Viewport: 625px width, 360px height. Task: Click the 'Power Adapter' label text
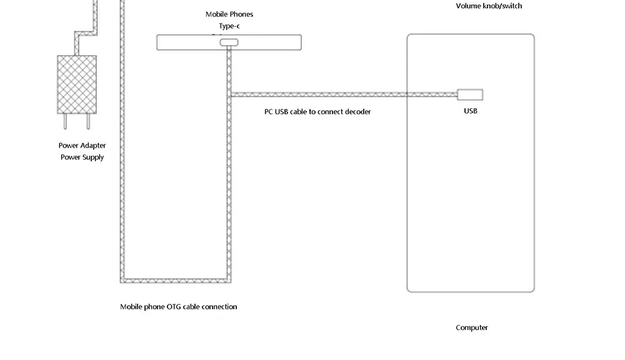pos(82,146)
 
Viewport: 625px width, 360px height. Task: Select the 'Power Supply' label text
pos(82,157)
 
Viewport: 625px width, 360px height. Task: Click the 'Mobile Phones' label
pos(229,14)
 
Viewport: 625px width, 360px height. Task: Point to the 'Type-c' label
pos(229,26)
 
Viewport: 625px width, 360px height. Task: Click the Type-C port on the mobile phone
pos(229,42)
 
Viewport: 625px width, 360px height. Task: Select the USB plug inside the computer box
pos(470,95)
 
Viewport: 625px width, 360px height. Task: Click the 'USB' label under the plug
pos(471,111)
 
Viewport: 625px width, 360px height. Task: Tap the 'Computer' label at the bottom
pos(472,327)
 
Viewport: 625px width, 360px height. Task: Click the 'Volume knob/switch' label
pos(489,6)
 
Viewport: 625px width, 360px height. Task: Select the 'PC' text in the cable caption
pos(269,112)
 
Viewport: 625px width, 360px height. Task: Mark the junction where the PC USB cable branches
pos(230,95)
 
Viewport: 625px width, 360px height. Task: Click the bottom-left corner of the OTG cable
pos(122,281)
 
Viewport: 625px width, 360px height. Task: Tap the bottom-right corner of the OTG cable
pos(229,281)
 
